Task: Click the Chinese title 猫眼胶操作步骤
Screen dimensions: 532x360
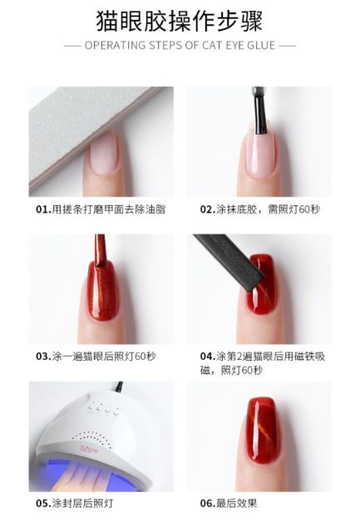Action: [180, 19]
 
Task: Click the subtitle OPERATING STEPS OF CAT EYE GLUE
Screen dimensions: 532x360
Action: [180, 45]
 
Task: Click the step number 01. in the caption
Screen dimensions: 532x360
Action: [43, 209]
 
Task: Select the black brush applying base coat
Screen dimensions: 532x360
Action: [259, 112]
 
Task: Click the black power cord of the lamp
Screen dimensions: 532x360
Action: [120, 387]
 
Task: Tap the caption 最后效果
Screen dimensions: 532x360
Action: [237, 504]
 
